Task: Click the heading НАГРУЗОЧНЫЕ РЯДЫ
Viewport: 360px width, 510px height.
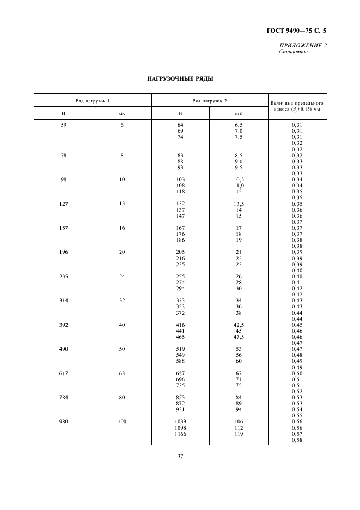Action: click(180, 79)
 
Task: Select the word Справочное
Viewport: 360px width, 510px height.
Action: click(293, 52)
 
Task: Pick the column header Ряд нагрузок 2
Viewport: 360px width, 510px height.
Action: click(210, 101)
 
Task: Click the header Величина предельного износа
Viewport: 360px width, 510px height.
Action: click(297, 105)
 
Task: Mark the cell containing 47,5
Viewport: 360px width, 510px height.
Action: click(239, 338)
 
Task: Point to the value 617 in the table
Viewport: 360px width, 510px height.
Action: click(63, 373)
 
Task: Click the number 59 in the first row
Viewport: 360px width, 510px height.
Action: click(63, 125)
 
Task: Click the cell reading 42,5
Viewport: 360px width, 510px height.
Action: click(239, 325)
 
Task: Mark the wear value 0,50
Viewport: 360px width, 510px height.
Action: click(297, 373)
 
